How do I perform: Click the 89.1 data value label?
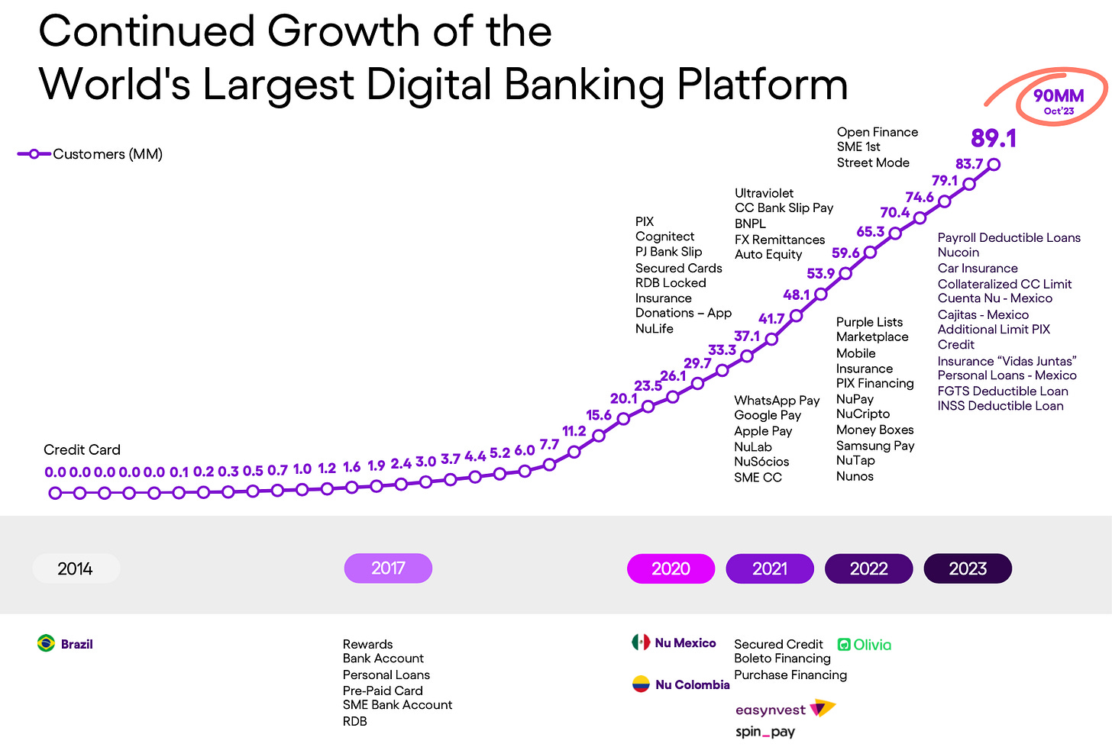pos(994,138)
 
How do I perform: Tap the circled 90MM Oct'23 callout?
pos(1059,100)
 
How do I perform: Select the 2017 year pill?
pos(388,568)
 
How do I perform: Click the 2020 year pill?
pos(671,568)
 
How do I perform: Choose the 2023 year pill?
pos(968,568)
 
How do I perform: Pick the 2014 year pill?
pos(76,568)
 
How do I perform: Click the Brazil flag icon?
pos(47,643)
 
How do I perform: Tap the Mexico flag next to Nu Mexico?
pos(641,642)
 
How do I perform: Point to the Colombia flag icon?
pos(641,684)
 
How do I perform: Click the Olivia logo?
pos(865,645)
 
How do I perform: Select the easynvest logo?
pos(785,709)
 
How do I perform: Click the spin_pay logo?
pos(764,732)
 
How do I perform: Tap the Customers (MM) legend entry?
pos(91,154)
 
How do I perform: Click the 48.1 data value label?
pos(796,295)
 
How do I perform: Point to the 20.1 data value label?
pos(623,398)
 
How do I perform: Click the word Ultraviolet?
pos(764,193)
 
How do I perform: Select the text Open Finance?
pos(877,132)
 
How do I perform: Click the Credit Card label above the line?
pos(82,449)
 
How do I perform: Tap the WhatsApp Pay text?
pos(777,400)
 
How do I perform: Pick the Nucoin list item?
pos(958,253)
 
